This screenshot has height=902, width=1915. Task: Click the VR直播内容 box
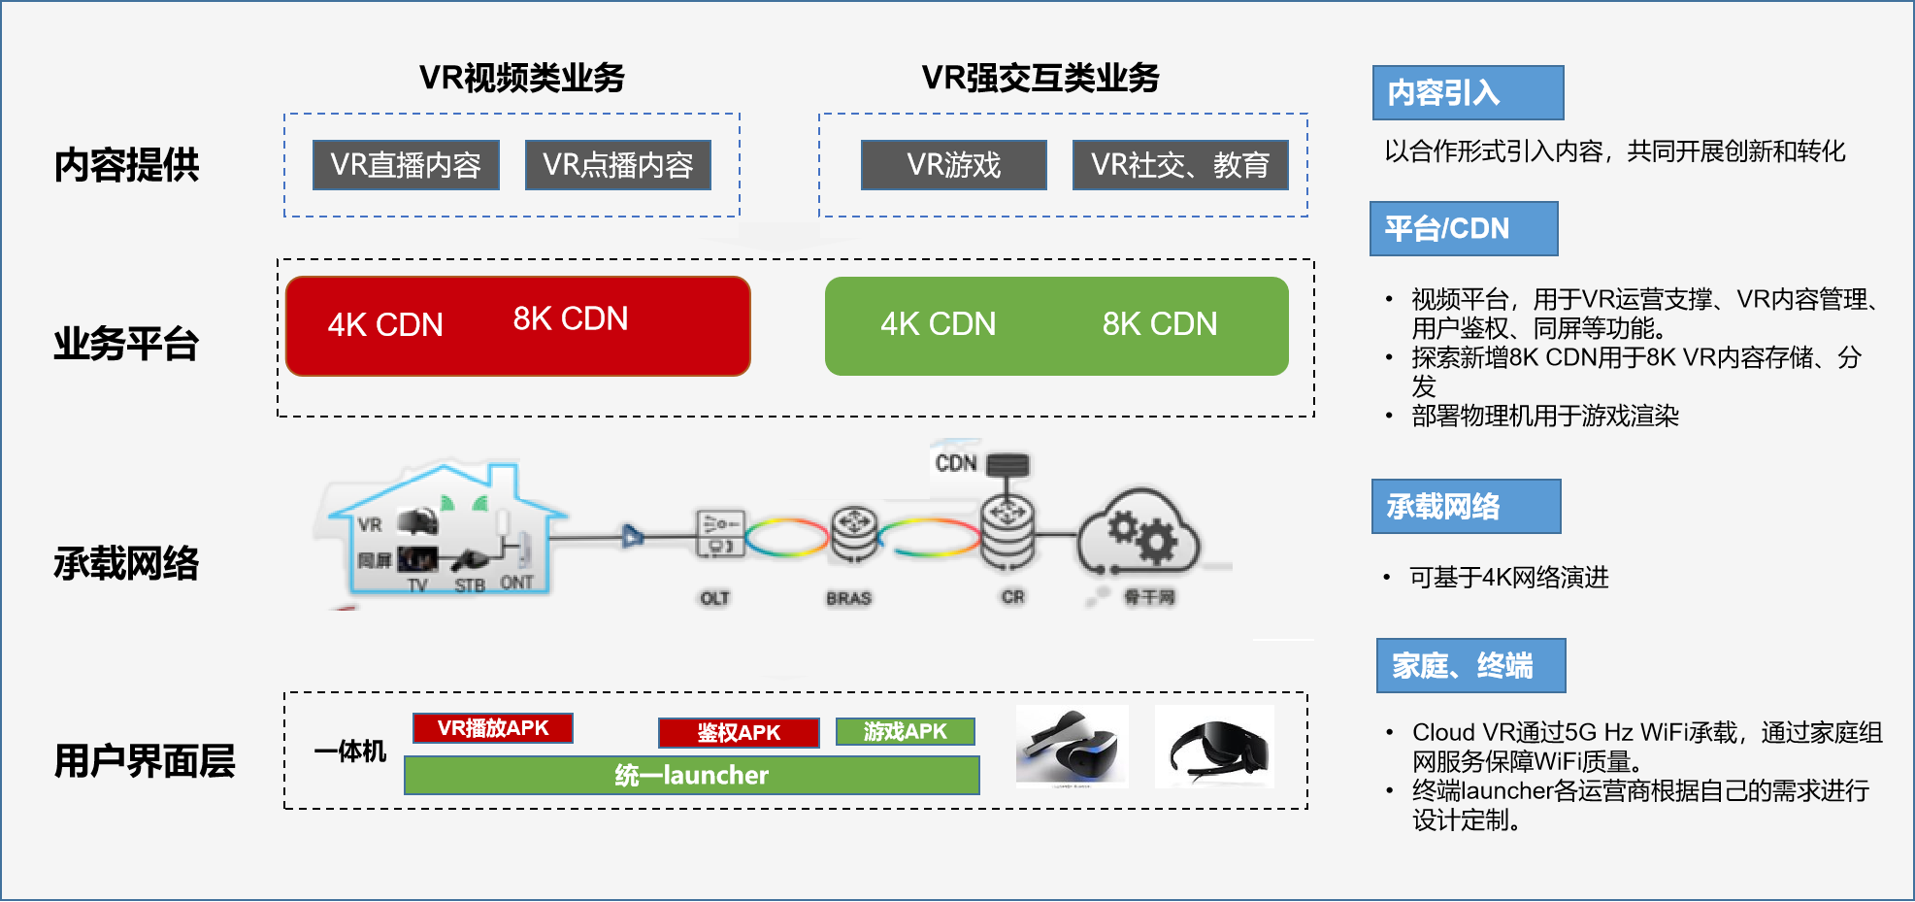click(406, 165)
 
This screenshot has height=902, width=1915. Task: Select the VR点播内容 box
click(618, 165)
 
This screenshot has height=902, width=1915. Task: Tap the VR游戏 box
click(953, 165)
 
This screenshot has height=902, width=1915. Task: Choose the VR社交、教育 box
click(1179, 165)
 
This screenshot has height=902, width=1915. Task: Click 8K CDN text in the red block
click(571, 318)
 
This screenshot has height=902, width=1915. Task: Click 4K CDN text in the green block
click(938, 324)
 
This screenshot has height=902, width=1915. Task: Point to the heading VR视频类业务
click(521, 78)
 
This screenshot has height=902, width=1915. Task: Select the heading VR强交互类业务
click(1040, 78)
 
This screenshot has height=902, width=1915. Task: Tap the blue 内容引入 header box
click(1468, 93)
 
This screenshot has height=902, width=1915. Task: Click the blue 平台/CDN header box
click(1464, 229)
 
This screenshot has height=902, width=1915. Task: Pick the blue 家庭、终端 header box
click(1470, 666)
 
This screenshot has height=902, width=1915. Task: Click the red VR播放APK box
click(493, 728)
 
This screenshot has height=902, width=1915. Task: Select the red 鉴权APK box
click(739, 733)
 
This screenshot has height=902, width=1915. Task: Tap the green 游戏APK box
click(906, 732)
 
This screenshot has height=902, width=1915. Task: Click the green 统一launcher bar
click(691, 775)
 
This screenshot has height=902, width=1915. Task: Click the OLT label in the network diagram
click(714, 598)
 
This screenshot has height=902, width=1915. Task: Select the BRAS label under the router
click(848, 598)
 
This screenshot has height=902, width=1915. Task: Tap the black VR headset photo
click(1214, 747)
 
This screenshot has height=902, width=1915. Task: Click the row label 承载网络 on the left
click(126, 563)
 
